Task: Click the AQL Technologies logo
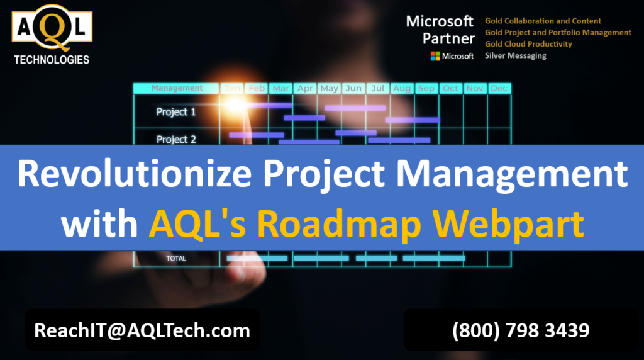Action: tap(52, 35)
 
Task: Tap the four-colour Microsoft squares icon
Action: tap(435, 56)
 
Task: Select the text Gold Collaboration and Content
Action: tap(543, 21)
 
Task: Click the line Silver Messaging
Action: tap(516, 56)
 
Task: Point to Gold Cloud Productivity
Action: tap(528, 44)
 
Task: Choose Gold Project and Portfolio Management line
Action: tap(558, 33)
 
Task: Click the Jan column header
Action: tap(232, 88)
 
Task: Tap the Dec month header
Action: tap(499, 88)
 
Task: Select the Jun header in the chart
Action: tap(353, 88)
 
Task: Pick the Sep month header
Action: tap(426, 88)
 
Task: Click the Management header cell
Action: tap(177, 88)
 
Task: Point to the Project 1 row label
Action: tap(176, 112)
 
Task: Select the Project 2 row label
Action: tap(176, 139)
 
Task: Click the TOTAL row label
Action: tap(176, 259)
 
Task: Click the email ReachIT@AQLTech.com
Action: tap(142, 330)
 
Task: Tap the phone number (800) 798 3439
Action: tap(521, 330)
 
